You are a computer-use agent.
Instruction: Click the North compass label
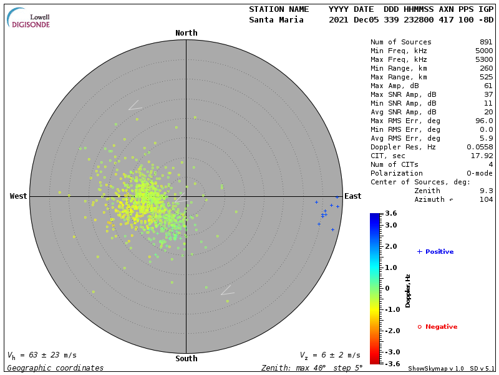tap(186, 33)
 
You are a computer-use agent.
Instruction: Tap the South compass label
tap(186, 359)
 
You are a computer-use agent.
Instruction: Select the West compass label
tap(18, 196)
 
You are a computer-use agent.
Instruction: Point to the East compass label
tap(353, 196)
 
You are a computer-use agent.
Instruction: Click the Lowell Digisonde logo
tap(29, 19)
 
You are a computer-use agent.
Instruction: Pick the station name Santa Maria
tap(276, 20)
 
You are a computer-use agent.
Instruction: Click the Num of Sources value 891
tap(486, 42)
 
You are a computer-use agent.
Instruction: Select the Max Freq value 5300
tap(484, 60)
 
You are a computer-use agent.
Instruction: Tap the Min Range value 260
tap(486, 69)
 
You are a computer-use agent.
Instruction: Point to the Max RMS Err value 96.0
tap(484, 121)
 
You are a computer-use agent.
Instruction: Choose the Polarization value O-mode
tap(480, 173)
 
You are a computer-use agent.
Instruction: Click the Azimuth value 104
tap(486, 199)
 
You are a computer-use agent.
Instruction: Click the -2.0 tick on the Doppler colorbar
tap(391, 331)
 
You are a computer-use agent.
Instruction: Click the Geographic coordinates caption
tap(56, 368)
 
